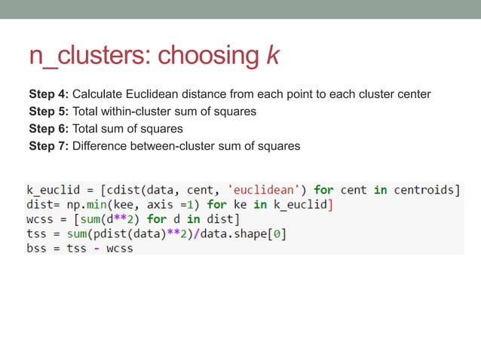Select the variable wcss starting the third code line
pos(40,219)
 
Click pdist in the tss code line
pos(115,233)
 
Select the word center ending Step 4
pos(413,94)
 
